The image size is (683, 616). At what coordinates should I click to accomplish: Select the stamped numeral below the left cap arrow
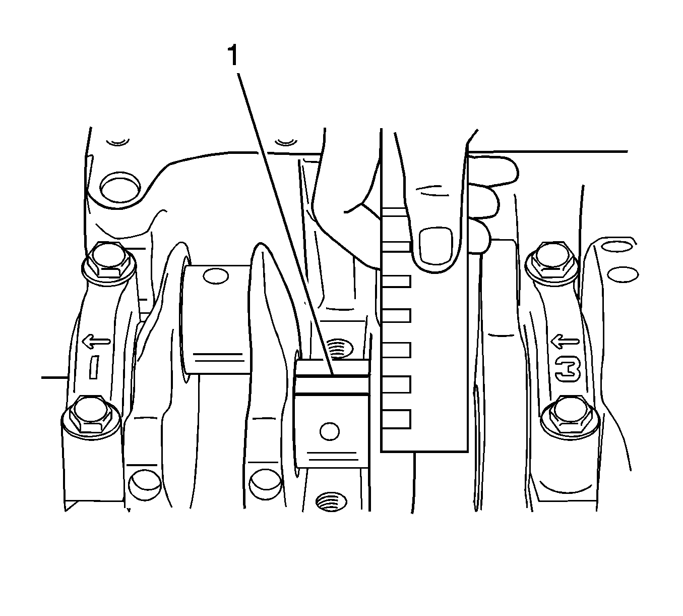coord(94,367)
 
